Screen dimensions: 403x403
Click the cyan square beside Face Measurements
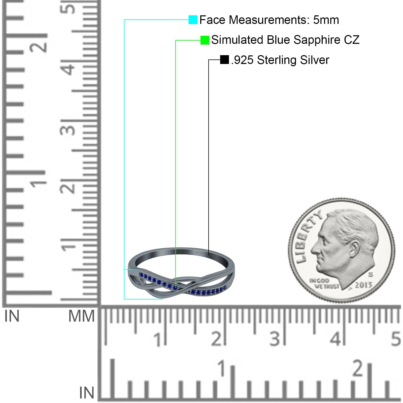(x=193, y=20)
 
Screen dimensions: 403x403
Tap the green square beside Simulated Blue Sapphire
(x=205, y=40)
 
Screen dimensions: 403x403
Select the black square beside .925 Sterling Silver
(x=224, y=60)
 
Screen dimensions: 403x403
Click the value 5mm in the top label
(x=326, y=20)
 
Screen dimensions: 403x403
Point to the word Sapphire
(x=318, y=40)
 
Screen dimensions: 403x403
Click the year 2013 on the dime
(x=363, y=285)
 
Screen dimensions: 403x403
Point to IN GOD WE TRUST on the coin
(x=324, y=284)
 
